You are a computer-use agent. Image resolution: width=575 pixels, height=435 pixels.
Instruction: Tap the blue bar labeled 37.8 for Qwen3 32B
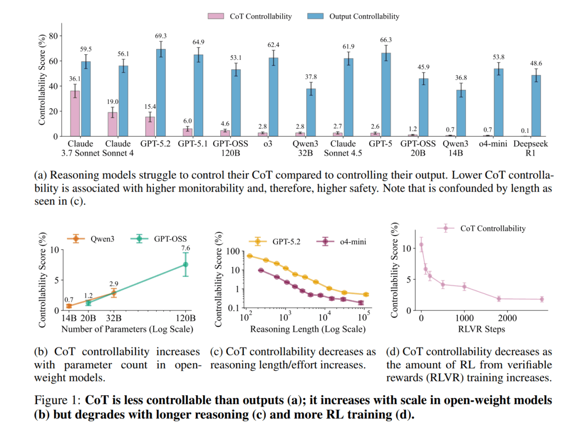(311, 113)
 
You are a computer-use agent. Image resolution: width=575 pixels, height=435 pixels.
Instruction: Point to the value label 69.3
(161, 36)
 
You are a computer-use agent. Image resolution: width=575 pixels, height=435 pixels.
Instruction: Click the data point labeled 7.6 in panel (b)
(186, 264)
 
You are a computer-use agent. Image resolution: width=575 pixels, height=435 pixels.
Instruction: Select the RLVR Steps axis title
(485, 330)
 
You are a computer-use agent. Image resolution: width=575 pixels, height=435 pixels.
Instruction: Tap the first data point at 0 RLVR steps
(421, 245)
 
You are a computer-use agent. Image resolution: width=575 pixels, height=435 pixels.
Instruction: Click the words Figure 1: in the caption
(56, 400)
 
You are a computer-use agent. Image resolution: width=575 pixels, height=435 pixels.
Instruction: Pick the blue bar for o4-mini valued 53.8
(499, 103)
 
